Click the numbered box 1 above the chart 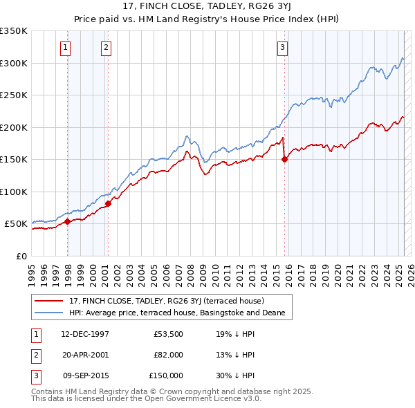[64, 48]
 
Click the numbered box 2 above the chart [106, 48]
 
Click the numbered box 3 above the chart [282, 48]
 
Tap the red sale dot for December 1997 [68, 221]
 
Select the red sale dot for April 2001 [109, 203]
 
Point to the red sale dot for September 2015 [285, 159]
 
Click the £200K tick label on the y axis [13, 127]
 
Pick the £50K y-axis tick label [16, 224]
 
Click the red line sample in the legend [49, 301]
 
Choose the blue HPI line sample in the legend [49, 313]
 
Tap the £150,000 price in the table [166, 375]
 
